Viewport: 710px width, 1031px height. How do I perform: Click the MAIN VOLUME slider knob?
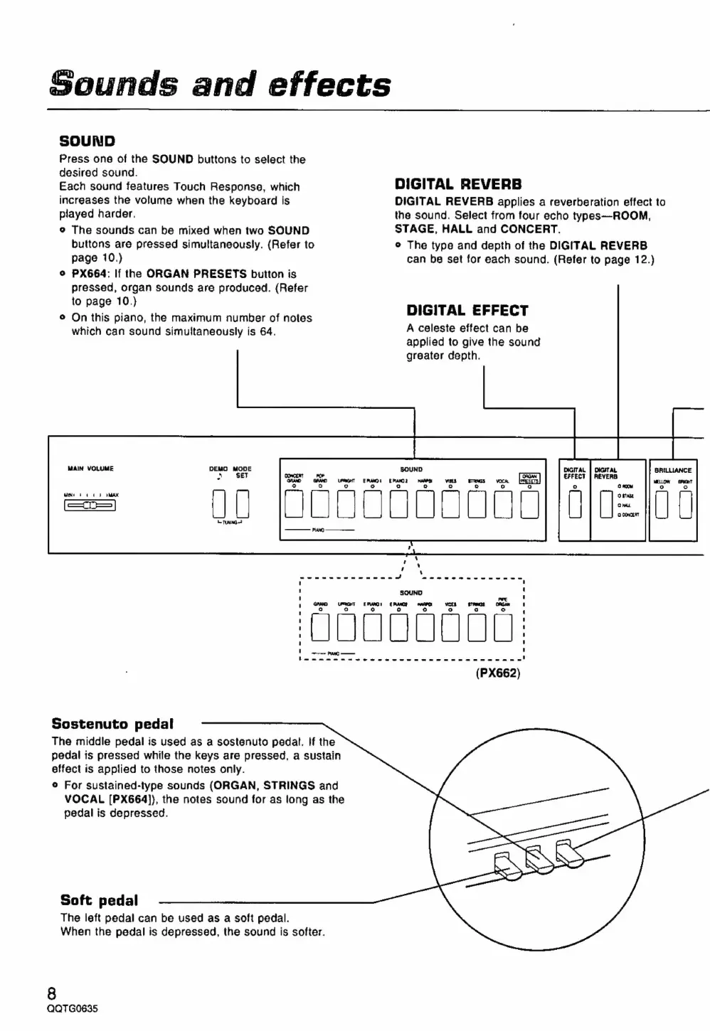tap(90, 506)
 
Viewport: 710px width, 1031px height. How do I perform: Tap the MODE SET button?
tap(243, 506)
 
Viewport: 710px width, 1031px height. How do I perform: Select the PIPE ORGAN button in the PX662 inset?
tap(503, 627)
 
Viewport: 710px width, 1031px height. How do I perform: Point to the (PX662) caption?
tap(498, 673)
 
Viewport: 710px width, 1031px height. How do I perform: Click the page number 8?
tap(51, 993)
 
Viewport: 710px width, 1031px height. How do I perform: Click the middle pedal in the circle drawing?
tap(536, 860)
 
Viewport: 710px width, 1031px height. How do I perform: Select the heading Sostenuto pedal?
tap(112, 724)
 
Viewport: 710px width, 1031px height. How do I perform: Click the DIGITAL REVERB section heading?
tap(458, 185)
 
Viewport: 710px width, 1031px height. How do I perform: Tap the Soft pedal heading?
tap(99, 900)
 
